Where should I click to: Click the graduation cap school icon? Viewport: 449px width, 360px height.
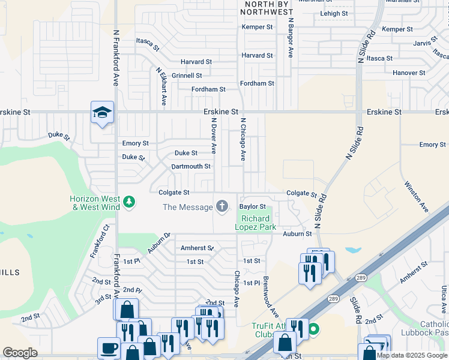[102, 112]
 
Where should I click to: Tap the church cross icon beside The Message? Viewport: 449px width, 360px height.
[222, 207]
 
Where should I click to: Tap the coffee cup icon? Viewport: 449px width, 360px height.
[109, 348]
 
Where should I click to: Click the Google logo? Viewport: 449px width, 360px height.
[20, 353]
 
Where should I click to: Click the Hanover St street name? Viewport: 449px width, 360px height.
[409, 73]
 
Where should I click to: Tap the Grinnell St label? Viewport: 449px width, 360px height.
[187, 76]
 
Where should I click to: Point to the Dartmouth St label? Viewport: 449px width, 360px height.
[191, 166]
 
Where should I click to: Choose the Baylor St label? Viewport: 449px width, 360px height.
[253, 206]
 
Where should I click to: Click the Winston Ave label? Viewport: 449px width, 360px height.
[416, 196]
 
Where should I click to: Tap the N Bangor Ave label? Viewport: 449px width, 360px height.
[290, 37]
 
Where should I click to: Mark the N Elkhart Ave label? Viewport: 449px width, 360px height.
[161, 86]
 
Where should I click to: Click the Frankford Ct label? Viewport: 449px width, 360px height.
[101, 241]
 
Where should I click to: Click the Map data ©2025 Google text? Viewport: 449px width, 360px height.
[411, 355]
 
